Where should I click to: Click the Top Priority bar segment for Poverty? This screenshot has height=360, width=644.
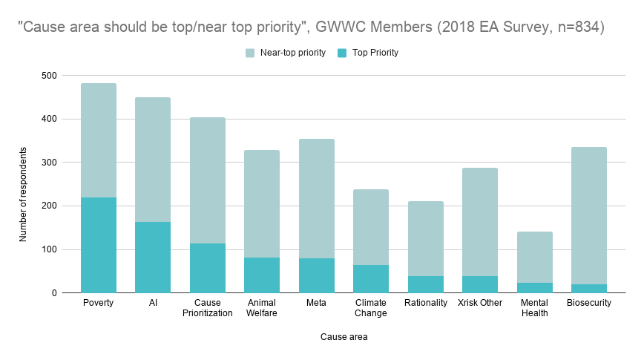[x=99, y=245]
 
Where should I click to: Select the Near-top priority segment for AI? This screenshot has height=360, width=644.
[x=153, y=160]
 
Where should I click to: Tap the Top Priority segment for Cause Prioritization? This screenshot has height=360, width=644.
[x=208, y=268]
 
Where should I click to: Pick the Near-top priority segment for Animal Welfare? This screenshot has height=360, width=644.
[x=262, y=203]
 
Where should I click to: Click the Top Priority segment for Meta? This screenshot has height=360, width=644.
[x=317, y=275]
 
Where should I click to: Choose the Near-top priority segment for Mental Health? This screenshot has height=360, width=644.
[x=535, y=257]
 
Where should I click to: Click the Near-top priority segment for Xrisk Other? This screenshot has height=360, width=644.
[x=480, y=222]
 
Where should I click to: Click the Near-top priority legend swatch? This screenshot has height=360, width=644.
[x=250, y=53]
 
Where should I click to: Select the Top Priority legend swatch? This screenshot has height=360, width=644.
[x=342, y=53]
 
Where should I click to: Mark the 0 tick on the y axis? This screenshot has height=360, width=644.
[x=52, y=293]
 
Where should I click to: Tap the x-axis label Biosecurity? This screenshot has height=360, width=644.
[x=589, y=303]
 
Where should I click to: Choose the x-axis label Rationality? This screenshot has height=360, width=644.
[x=426, y=303]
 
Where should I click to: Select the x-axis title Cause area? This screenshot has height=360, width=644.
[x=344, y=337]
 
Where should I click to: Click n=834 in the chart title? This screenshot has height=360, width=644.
[x=581, y=28]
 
